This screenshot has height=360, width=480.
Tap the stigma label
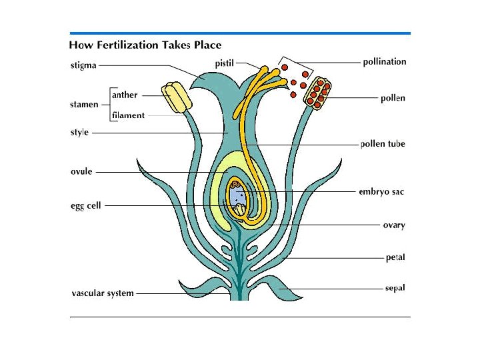tap(83, 65)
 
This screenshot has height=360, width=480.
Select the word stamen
tap(84, 105)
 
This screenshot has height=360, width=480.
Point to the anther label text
tap(125, 95)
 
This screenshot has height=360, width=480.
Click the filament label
tap(128, 115)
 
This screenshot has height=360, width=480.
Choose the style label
tap(79, 133)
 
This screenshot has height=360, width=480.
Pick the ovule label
tap(81, 171)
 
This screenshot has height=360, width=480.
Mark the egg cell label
tap(86, 206)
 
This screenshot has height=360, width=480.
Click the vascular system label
tap(102, 293)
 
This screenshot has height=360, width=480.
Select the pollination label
tap(384, 62)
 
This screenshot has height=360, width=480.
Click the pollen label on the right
tap(393, 98)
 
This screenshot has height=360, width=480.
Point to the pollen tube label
tap(382, 144)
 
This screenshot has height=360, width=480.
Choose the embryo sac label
tap(381, 192)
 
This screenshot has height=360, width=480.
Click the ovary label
tap(393, 225)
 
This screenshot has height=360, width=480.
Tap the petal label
tap(395, 257)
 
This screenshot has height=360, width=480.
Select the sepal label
tap(395, 289)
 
